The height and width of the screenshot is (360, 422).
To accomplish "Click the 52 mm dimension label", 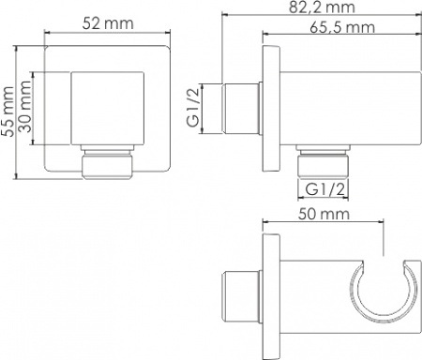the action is tap(108, 23).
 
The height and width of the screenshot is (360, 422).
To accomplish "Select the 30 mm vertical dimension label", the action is tap(24, 107).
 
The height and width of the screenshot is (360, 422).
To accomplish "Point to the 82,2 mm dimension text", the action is tap(322, 7).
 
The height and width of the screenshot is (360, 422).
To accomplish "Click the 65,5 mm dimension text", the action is tap(342, 27).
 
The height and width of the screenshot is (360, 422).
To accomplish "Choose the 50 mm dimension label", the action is tap(324, 214).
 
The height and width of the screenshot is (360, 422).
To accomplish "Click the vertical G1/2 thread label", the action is tap(193, 107).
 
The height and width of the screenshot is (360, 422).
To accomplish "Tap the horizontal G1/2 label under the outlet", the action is tap(325, 189).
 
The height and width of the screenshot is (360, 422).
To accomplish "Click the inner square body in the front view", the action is tap(108, 109).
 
